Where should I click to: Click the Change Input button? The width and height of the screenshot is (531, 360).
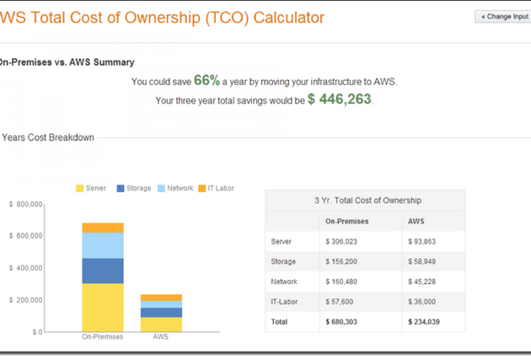505,16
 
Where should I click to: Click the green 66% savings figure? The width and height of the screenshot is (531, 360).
206,81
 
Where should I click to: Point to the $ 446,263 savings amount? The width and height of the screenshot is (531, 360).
339,99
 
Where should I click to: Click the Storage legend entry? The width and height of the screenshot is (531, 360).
133,188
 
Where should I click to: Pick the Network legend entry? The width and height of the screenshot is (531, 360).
175,188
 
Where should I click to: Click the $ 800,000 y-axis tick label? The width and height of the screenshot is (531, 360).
25,204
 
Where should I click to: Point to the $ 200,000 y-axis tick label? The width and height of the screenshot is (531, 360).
25,300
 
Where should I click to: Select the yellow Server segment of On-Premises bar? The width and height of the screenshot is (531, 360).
103,307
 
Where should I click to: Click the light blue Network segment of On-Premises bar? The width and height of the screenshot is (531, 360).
103,245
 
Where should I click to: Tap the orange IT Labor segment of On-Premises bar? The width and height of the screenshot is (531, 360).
103,228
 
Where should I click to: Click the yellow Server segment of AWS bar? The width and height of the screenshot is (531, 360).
161,324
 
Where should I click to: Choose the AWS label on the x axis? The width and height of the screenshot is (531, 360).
161,337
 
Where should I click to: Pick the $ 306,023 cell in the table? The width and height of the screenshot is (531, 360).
341,241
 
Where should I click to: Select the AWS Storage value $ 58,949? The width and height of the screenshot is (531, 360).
423,261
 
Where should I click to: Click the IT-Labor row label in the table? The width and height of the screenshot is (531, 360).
283,301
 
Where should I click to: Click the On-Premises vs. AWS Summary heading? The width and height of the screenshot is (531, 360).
67,62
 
